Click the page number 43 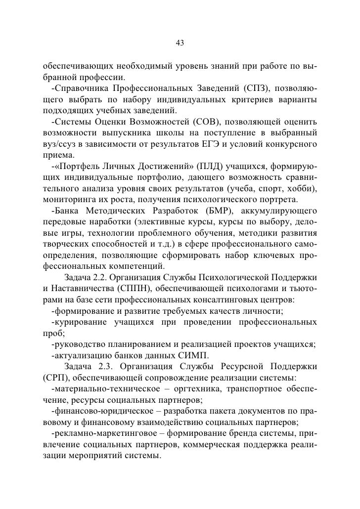180,43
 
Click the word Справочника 82,88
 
